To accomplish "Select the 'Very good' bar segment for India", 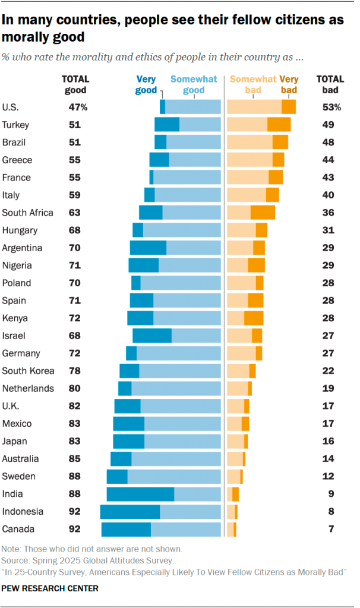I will (x=140, y=494).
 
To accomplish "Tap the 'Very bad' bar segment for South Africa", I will (x=263, y=213).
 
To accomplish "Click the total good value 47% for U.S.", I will (x=77, y=107).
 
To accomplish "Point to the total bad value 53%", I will (x=332, y=107).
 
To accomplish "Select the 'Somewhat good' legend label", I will (x=187, y=84).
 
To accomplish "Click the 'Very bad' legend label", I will (x=289, y=84).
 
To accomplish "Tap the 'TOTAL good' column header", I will (x=75, y=84).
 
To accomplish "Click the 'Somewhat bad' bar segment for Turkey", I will (x=247, y=125).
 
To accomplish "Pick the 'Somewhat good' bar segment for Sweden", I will (x=174, y=476).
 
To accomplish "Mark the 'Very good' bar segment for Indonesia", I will (x=130, y=511).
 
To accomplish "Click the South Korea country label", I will (x=28, y=371).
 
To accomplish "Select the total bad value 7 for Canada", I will (x=330, y=529).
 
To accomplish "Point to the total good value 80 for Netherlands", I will (x=75, y=388).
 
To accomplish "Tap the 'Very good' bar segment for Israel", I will (x=152, y=335).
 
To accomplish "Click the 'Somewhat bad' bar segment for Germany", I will (x=241, y=353).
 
